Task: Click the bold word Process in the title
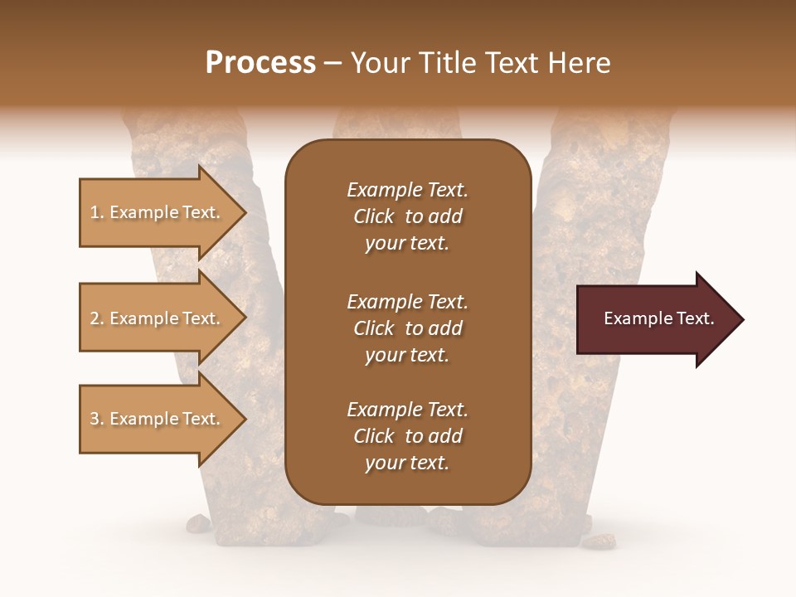tap(260, 63)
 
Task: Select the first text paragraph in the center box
tap(407, 216)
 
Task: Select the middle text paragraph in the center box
tap(407, 328)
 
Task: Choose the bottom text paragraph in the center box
tap(407, 436)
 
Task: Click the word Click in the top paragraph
tap(373, 217)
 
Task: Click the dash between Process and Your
tap(332, 65)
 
